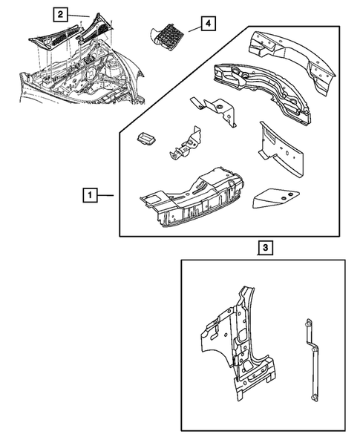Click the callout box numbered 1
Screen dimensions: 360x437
coord(90,195)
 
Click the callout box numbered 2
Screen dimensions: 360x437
coord(60,14)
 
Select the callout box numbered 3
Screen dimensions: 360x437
coord(266,248)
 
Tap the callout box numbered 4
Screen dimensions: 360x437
coord(208,24)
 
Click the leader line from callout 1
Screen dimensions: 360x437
coord(105,195)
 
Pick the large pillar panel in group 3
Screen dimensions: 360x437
coord(238,343)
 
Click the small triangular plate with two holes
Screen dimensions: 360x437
coord(275,199)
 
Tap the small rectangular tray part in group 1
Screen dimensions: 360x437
coord(147,139)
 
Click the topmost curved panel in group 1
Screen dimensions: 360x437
coord(292,62)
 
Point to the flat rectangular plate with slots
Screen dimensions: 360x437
coord(281,149)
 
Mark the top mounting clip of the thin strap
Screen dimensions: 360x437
coord(308,323)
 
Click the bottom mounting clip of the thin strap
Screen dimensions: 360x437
coord(315,397)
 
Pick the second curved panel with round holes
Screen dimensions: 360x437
coord(263,93)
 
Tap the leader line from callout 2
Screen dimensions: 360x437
coord(79,16)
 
